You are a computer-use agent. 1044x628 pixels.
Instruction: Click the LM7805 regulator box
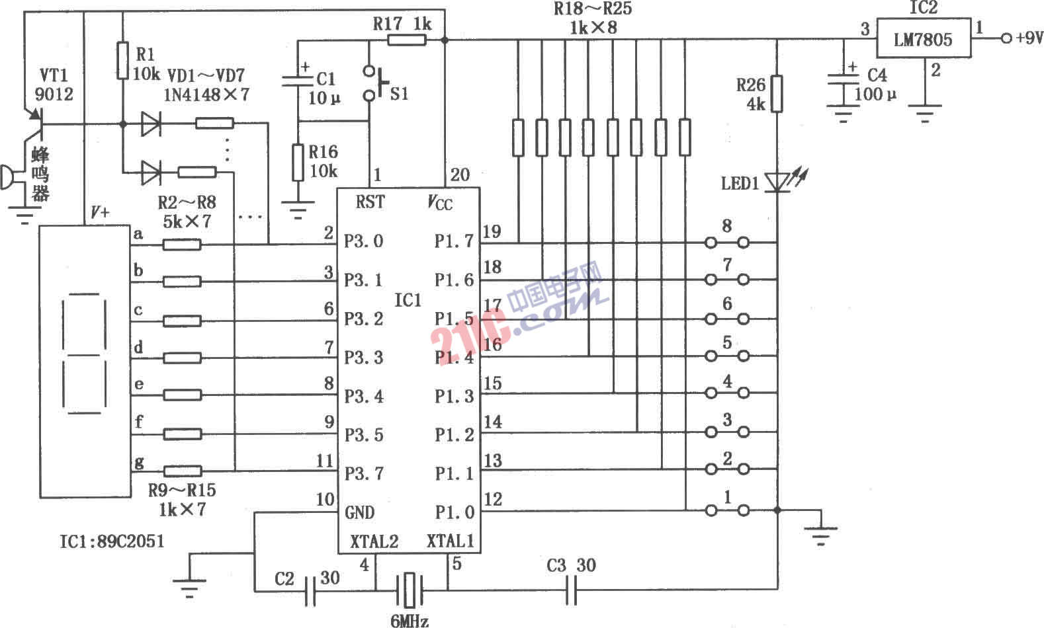click(923, 39)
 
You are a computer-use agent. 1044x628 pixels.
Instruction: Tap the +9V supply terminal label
click(1025, 38)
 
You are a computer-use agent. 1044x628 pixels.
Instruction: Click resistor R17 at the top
click(406, 40)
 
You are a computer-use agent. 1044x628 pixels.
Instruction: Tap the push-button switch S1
click(374, 83)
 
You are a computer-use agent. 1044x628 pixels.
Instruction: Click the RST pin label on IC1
click(369, 202)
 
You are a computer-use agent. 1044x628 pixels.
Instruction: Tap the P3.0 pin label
click(363, 241)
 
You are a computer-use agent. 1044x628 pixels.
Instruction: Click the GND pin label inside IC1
click(359, 512)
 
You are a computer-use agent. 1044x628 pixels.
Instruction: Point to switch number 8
click(727, 242)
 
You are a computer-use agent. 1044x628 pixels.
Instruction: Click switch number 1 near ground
click(727, 510)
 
